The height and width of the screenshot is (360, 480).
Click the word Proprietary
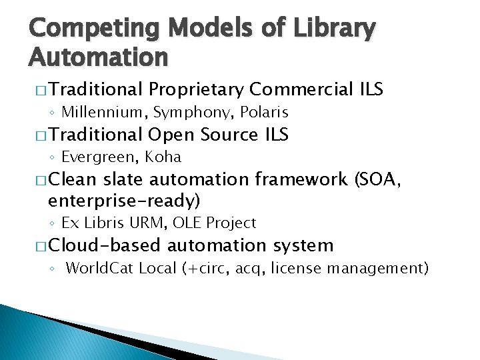click(197, 89)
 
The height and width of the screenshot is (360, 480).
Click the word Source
click(229, 135)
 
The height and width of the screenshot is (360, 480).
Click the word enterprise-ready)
click(124, 200)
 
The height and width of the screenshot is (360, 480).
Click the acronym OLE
click(193, 223)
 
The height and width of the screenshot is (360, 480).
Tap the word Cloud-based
click(105, 245)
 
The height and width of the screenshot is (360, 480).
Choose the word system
click(303, 246)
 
